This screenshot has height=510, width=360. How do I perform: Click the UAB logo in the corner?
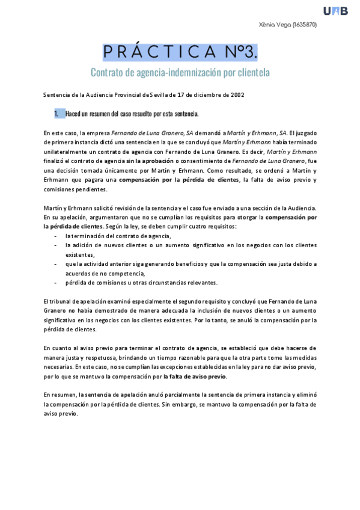335,10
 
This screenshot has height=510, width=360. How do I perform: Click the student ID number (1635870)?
305,25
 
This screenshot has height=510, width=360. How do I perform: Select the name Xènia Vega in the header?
274,25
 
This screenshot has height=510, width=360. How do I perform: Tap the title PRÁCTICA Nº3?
180,52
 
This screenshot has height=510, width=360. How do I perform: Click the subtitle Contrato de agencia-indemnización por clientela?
180,73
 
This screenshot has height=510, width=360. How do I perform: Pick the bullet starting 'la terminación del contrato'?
109,236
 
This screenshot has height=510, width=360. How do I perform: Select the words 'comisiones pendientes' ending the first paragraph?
75,189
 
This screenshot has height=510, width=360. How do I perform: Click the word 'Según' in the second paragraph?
114,227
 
